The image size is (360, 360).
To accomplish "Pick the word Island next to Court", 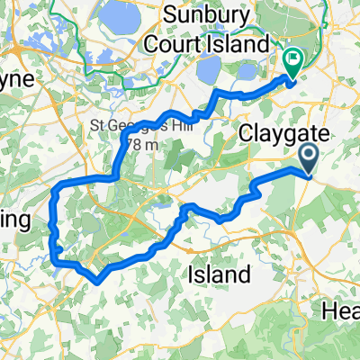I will (247, 43).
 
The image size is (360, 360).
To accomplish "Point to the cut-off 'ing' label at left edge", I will (15, 221).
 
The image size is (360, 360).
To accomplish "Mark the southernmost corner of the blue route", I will (94, 279).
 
